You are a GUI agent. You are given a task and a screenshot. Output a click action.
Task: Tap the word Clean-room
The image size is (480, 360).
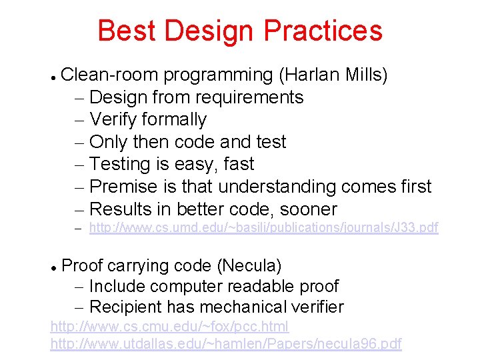tap(109, 75)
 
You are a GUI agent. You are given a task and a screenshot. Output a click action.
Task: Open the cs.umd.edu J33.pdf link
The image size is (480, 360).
tap(263, 228)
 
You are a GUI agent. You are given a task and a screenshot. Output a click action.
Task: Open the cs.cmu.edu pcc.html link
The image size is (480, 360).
tap(169, 327)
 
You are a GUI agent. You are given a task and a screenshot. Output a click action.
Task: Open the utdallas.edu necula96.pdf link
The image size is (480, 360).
tap(226, 344)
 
